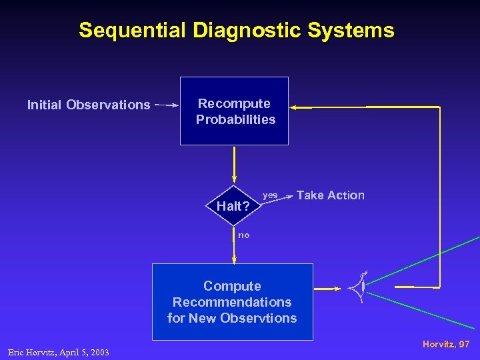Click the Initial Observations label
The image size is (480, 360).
pyautogui.click(x=89, y=105)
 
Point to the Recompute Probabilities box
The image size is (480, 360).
pyautogui.click(x=235, y=111)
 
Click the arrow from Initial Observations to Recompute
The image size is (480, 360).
pyautogui.click(x=167, y=105)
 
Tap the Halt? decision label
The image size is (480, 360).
pyautogui.click(x=233, y=206)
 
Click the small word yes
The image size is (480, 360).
pyautogui.click(x=271, y=195)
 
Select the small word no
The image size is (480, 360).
pyautogui.click(x=244, y=235)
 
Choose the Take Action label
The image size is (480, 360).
pyautogui.click(x=331, y=195)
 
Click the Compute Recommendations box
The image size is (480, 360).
pyautogui.click(x=232, y=301)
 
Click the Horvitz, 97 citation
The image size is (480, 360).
pyautogui.click(x=446, y=344)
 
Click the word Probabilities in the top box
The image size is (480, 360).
pyautogui.click(x=235, y=120)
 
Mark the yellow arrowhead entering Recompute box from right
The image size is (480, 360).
pyautogui.click(x=294, y=107)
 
